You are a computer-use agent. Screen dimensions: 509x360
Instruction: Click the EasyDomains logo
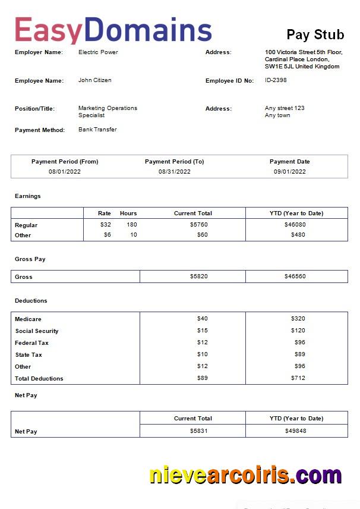click(113, 30)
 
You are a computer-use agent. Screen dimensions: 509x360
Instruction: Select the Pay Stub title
click(315, 34)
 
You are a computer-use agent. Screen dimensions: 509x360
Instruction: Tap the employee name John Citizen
click(94, 80)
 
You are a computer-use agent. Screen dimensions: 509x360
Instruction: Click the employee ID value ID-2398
click(276, 80)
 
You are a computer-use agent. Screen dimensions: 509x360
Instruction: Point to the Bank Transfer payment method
click(97, 130)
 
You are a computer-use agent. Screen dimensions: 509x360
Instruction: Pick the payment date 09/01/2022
click(289, 172)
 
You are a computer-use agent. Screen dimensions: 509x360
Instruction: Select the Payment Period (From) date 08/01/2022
click(65, 172)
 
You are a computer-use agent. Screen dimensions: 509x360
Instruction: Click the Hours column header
click(128, 213)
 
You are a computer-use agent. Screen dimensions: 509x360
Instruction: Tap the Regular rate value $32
click(106, 225)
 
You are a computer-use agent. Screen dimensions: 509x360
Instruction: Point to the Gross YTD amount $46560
click(295, 277)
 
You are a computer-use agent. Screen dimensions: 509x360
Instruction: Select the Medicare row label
click(28, 319)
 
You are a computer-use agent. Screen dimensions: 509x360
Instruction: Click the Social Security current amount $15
click(203, 331)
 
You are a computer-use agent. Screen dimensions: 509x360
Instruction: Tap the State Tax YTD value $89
click(299, 354)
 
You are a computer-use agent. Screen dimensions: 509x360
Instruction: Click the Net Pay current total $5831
click(198, 431)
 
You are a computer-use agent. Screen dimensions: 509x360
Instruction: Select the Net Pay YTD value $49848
click(295, 431)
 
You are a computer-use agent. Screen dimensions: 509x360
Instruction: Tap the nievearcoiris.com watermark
click(245, 475)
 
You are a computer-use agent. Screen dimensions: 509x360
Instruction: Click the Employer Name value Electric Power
click(98, 52)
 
